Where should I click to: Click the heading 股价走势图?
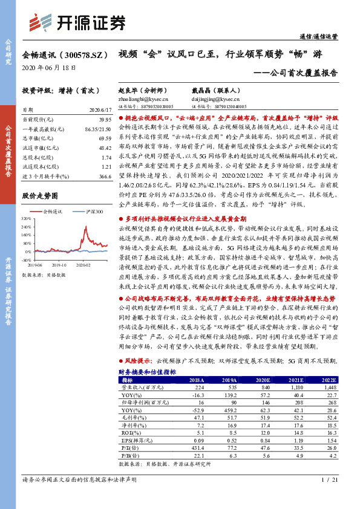click(x=39, y=196)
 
